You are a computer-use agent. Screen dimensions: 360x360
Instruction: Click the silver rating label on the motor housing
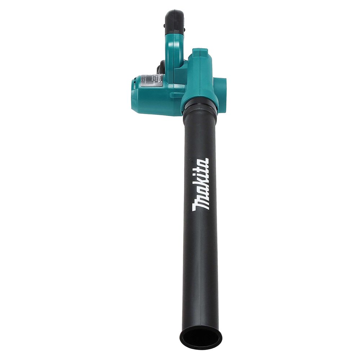[152, 80]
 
